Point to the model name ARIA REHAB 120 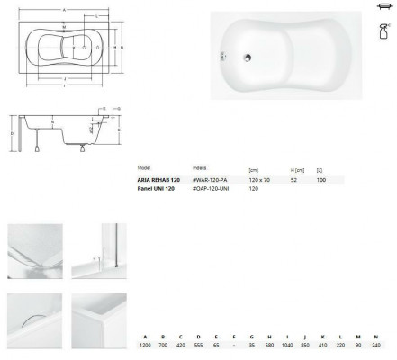(159, 180)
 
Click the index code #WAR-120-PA (210, 180)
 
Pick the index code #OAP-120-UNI (212, 189)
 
